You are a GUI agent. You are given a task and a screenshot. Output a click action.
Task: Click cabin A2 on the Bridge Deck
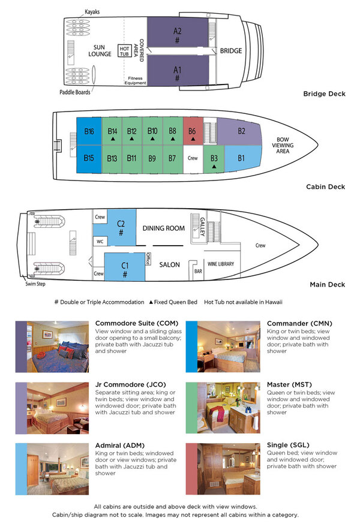(177, 35)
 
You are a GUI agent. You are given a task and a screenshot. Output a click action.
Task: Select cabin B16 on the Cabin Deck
(89, 131)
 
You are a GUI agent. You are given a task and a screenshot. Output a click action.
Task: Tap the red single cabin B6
(192, 131)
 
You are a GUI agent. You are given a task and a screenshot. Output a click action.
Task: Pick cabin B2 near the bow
(240, 131)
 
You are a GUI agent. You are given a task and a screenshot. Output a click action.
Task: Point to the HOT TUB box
(124, 50)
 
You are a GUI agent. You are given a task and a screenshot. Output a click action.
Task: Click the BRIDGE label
(230, 51)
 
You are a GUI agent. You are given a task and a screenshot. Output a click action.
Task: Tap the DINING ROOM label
(163, 228)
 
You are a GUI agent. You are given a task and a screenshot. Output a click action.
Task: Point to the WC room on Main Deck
(100, 242)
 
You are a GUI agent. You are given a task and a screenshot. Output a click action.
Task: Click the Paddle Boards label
(74, 92)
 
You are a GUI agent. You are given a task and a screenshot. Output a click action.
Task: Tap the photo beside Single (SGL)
(221, 468)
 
